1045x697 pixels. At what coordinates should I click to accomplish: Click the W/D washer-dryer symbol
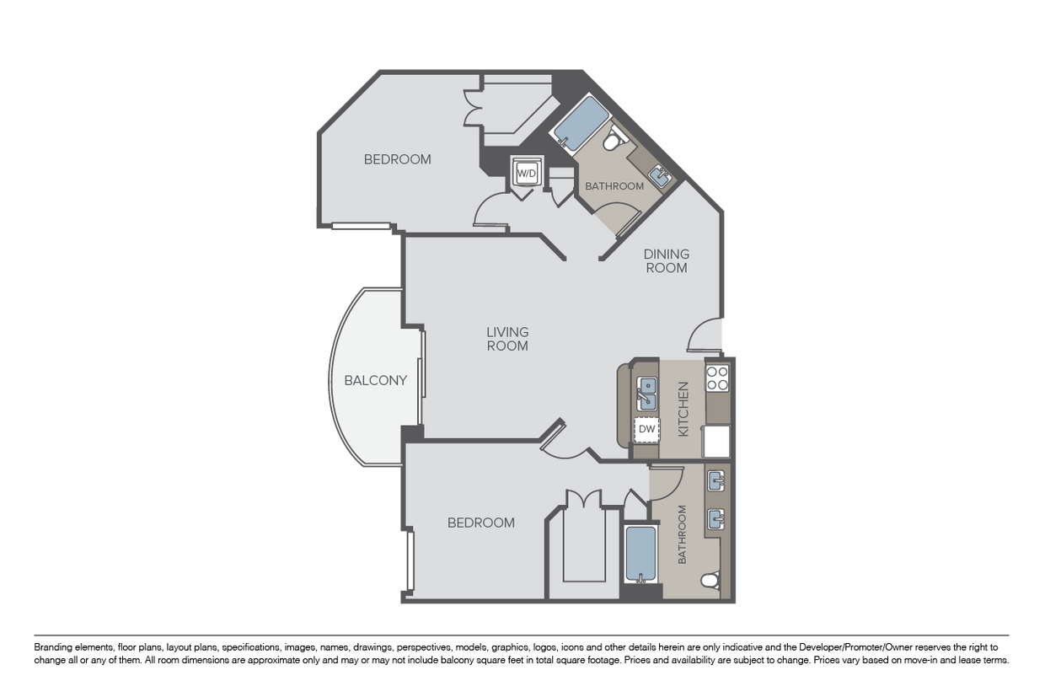pos(527,174)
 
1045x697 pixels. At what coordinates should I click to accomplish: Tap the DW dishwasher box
pos(646,429)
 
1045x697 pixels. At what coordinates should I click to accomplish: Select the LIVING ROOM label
pos(507,339)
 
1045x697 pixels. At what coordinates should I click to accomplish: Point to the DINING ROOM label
pos(666,260)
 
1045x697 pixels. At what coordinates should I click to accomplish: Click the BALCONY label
pos(376,381)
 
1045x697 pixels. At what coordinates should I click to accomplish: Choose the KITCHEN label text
pos(683,409)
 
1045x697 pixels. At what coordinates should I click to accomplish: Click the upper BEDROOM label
pos(398,159)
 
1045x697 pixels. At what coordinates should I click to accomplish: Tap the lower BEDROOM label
pos(481,523)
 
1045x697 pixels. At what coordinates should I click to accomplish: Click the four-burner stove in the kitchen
pos(717,378)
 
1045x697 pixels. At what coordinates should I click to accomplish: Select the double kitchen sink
pos(647,394)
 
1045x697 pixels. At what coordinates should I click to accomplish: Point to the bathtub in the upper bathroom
pos(581,123)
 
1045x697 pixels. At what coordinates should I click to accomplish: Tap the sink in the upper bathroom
pos(661,176)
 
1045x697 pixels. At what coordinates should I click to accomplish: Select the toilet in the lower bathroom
pos(710,581)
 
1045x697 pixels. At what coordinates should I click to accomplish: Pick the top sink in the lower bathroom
pos(716,481)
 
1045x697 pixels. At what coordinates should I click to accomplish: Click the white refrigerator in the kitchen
pos(716,442)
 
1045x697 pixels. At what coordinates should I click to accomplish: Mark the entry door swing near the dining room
pos(705,335)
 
